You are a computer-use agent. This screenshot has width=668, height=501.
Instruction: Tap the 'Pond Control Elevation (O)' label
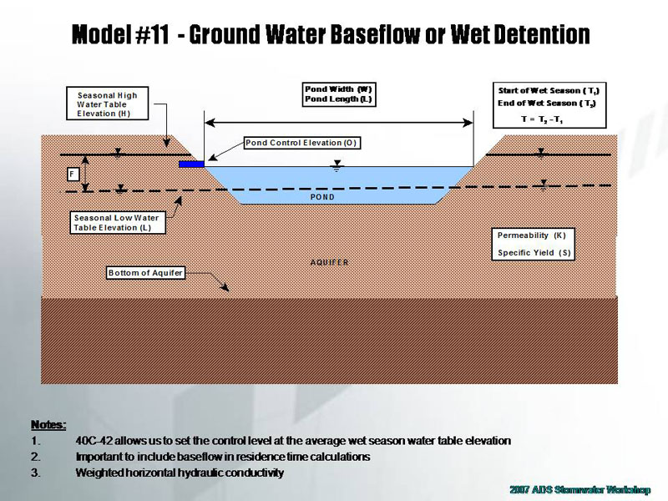pos(301,143)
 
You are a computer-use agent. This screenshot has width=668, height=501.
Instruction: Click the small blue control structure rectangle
pos(191,164)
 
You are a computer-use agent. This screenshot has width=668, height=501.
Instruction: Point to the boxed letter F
pos(74,175)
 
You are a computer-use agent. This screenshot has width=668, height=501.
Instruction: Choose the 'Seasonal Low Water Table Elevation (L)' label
pos(116,223)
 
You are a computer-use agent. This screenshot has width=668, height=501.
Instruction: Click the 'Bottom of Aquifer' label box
pos(144,273)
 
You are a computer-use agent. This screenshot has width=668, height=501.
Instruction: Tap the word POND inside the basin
pos(321,198)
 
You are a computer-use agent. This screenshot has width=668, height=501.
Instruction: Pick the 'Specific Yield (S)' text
pos(534,252)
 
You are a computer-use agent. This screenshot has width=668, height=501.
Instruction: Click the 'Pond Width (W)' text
pos(338,89)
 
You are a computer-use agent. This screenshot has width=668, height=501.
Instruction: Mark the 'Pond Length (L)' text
pos(338,100)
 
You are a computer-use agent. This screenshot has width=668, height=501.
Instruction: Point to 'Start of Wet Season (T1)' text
pos(548,89)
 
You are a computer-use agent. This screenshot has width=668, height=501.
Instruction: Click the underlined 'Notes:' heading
pos(48,425)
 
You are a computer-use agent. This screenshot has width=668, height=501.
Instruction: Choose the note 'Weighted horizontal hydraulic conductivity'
pos(180,473)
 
